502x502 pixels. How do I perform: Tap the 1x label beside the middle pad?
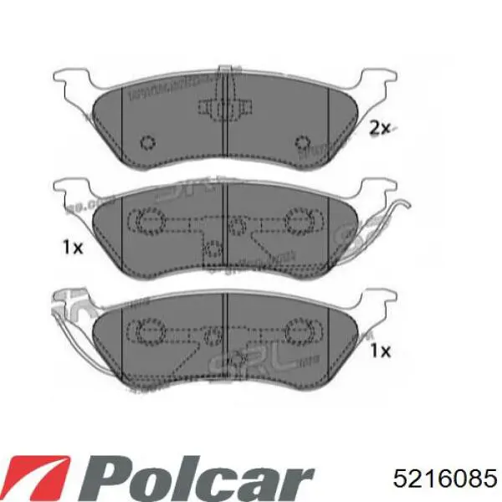(x=71, y=247)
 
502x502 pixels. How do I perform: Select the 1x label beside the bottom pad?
(x=380, y=352)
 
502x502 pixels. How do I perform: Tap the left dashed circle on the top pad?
(x=148, y=142)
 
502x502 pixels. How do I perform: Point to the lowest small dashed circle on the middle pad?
(x=213, y=248)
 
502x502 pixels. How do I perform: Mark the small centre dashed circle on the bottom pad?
(x=214, y=335)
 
